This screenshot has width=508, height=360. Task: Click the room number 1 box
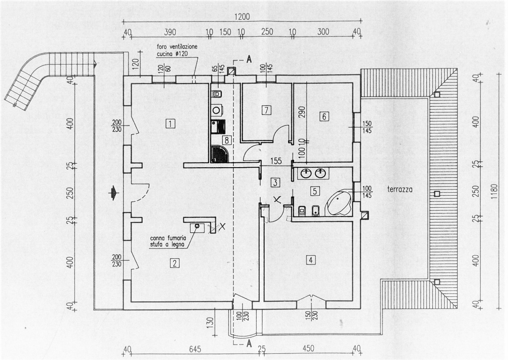click(x=170, y=124)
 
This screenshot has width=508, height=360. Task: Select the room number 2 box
click(x=174, y=264)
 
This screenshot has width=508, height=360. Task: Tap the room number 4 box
click(x=310, y=260)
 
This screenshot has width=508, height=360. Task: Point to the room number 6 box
click(x=324, y=117)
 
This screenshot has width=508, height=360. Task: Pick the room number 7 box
click(x=266, y=110)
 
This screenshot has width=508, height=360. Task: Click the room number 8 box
click(x=227, y=141)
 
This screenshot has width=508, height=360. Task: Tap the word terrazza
click(x=400, y=189)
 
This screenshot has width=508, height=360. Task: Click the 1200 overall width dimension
click(x=242, y=17)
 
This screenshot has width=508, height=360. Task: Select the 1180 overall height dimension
click(x=495, y=191)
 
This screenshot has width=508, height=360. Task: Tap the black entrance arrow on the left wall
click(x=114, y=193)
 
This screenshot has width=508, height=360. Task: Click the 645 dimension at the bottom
click(x=195, y=349)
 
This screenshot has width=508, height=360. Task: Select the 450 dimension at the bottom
click(x=308, y=348)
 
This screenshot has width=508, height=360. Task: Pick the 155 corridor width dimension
click(x=276, y=161)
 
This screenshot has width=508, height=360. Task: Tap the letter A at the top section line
click(x=249, y=59)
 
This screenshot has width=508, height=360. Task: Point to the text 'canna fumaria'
click(x=168, y=238)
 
